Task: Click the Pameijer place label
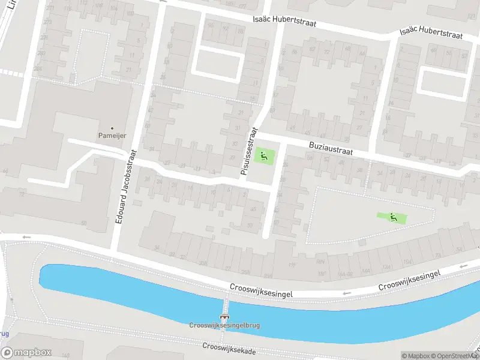tap(112, 136)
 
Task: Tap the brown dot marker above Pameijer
tap(112, 127)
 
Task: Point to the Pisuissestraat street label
tap(249, 151)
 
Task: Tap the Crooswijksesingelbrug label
tap(225, 325)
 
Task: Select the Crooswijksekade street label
tap(229, 348)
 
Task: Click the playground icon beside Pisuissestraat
tap(263, 157)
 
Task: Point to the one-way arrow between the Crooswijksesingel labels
tap(346, 293)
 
